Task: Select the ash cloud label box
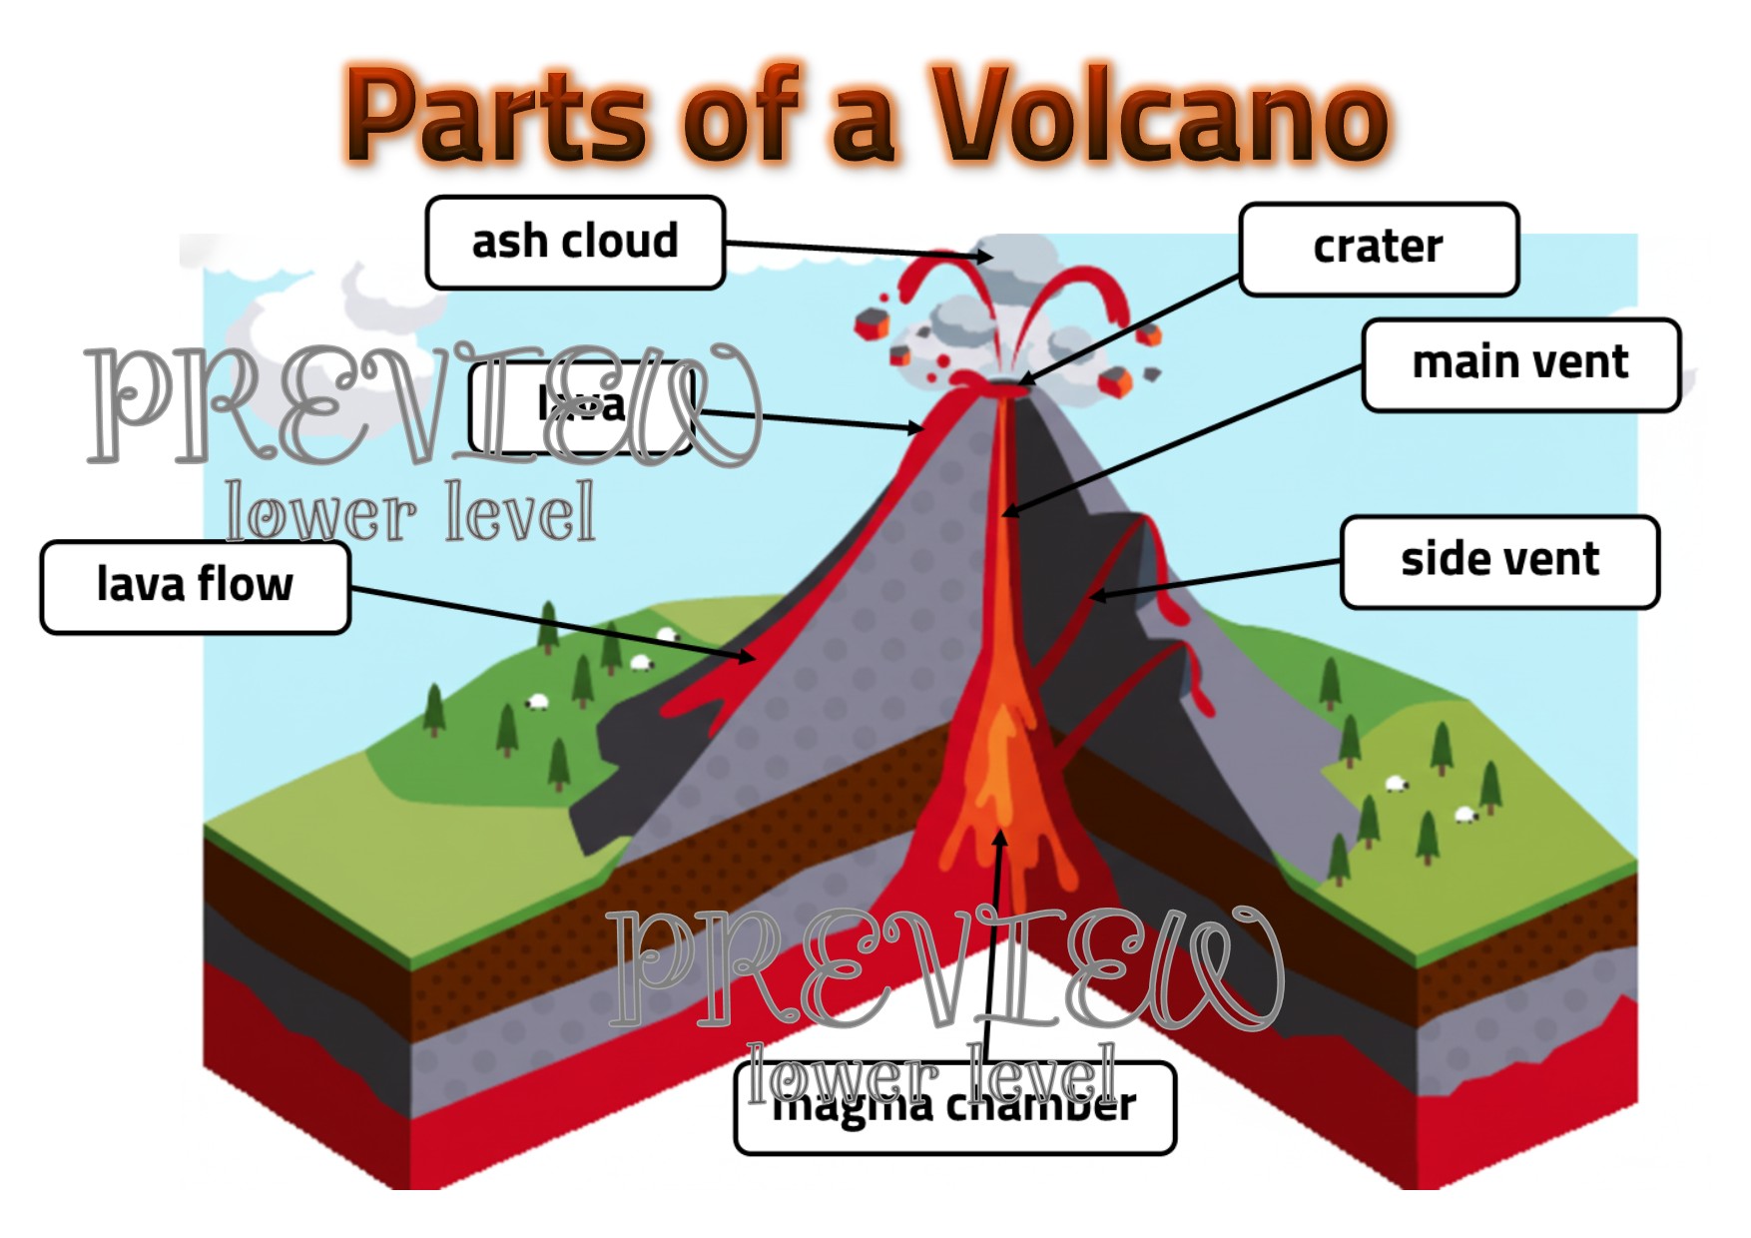tap(575, 243)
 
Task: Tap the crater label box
tap(1378, 249)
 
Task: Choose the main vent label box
tap(1519, 364)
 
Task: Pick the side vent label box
tap(1498, 561)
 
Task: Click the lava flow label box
tap(195, 587)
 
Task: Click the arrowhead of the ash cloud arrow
tap(988, 258)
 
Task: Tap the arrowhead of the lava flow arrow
tap(750, 658)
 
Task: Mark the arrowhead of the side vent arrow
tap(1095, 597)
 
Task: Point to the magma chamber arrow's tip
tap(999, 835)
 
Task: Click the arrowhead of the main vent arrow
tap(1006, 513)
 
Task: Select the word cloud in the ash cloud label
tap(619, 242)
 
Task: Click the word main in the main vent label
tap(1459, 363)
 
